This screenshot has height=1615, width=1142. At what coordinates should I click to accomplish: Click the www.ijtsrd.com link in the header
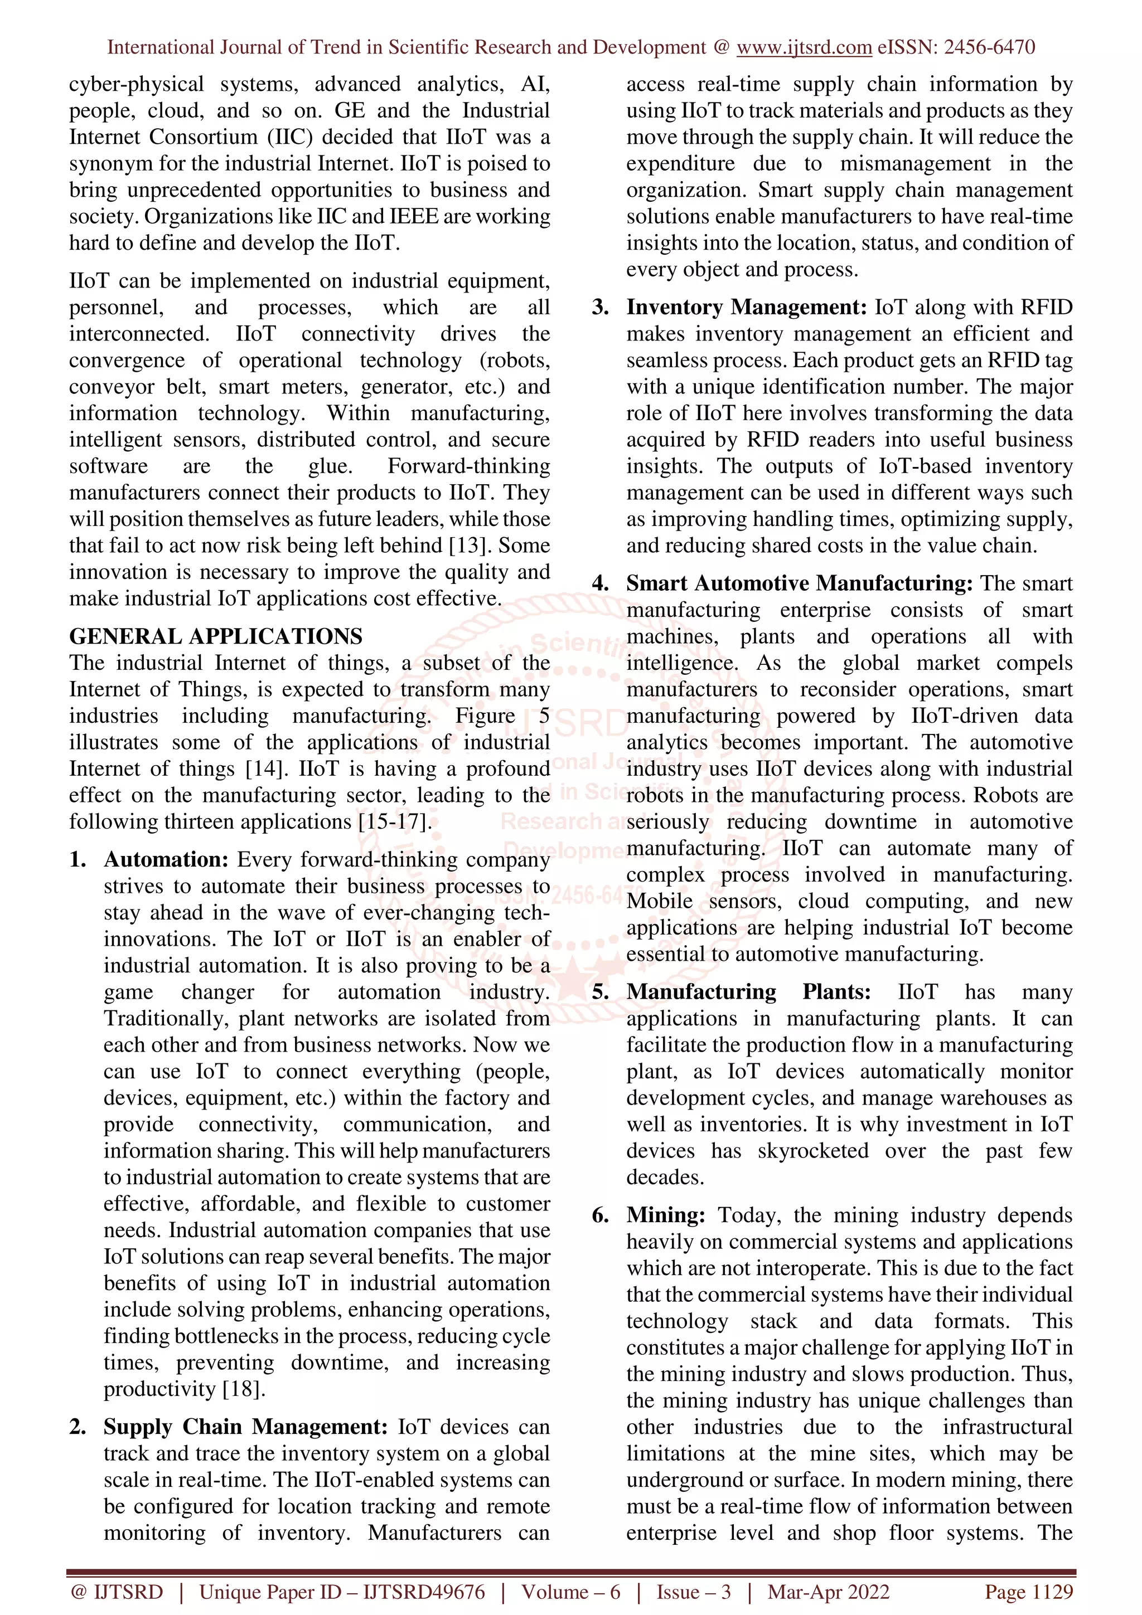click(x=804, y=47)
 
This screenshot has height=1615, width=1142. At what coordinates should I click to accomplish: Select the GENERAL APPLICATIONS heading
click(x=215, y=636)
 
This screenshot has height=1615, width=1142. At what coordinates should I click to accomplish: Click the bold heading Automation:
click(x=166, y=859)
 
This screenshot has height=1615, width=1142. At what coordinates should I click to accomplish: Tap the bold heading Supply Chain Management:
click(x=245, y=1427)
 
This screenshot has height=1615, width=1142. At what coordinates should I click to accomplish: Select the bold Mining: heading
click(x=666, y=1215)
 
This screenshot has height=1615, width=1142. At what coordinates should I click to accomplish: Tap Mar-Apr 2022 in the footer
click(x=828, y=1592)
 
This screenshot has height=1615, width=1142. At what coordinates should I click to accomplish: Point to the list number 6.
click(x=599, y=1216)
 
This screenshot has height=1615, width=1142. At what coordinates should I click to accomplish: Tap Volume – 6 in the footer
click(x=570, y=1592)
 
